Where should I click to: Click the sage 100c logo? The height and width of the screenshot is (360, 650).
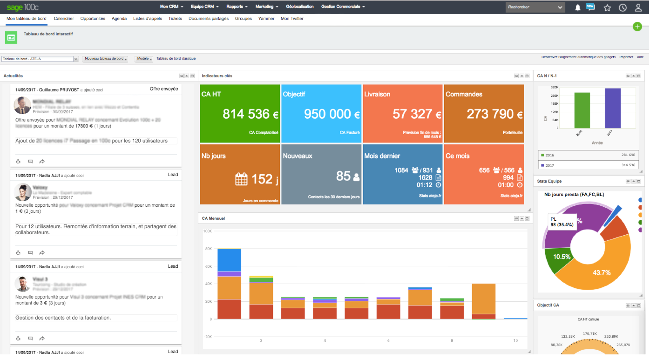22,7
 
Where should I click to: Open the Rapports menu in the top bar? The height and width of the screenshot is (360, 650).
236,7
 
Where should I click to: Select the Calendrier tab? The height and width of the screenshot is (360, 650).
64,19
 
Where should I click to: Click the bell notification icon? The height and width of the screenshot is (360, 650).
577,8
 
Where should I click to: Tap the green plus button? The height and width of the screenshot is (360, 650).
637,27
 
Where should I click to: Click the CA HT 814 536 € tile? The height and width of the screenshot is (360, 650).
240,113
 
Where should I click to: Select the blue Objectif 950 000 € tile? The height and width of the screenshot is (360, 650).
321,113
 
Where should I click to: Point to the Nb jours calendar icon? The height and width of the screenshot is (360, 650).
241,179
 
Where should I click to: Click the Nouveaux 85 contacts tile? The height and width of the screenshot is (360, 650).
321,175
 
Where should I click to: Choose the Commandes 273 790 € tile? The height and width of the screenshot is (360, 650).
484,113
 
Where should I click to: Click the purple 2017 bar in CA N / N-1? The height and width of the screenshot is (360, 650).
613,108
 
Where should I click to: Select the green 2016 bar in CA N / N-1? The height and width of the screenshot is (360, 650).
582,110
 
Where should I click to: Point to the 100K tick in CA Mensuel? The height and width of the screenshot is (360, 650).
207,231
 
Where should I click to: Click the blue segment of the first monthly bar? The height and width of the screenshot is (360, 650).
229,260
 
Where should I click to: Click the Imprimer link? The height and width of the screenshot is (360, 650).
626,57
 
